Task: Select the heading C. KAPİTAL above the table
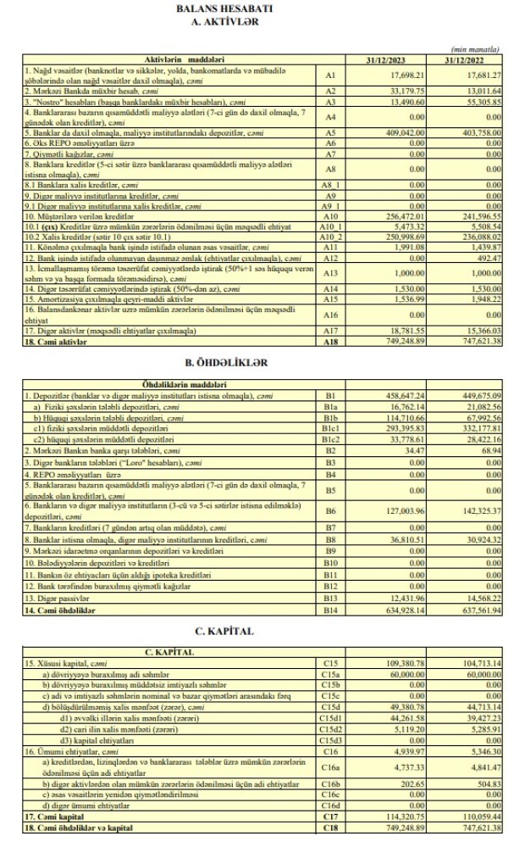(x=262, y=630)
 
